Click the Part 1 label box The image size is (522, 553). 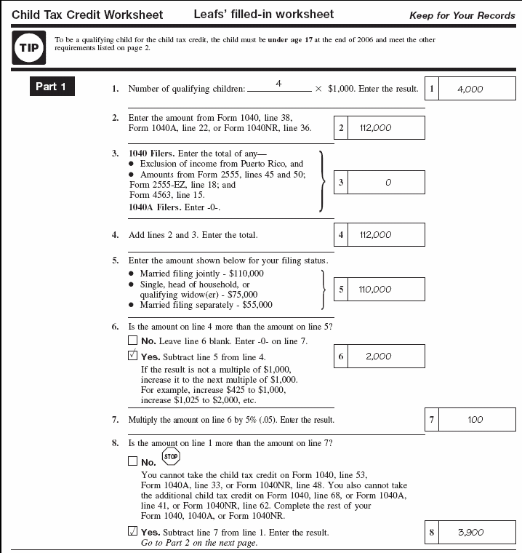(x=51, y=87)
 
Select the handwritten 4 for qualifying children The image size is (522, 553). (x=278, y=84)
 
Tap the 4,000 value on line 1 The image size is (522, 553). (x=470, y=89)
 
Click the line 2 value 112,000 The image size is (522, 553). (x=375, y=128)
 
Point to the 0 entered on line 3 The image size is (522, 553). (x=388, y=183)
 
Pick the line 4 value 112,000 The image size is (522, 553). (x=375, y=235)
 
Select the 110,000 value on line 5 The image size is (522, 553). (x=375, y=290)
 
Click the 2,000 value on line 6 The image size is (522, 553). (x=378, y=357)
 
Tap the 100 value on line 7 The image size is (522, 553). (x=475, y=420)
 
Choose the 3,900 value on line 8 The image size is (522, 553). (x=471, y=533)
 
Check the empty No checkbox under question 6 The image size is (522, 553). (x=132, y=340)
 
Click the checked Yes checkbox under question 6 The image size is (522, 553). (x=132, y=357)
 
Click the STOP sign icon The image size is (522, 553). (x=171, y=458)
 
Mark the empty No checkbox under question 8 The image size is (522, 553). (x=132, y=461)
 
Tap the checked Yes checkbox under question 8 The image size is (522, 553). (x=132, y=532)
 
